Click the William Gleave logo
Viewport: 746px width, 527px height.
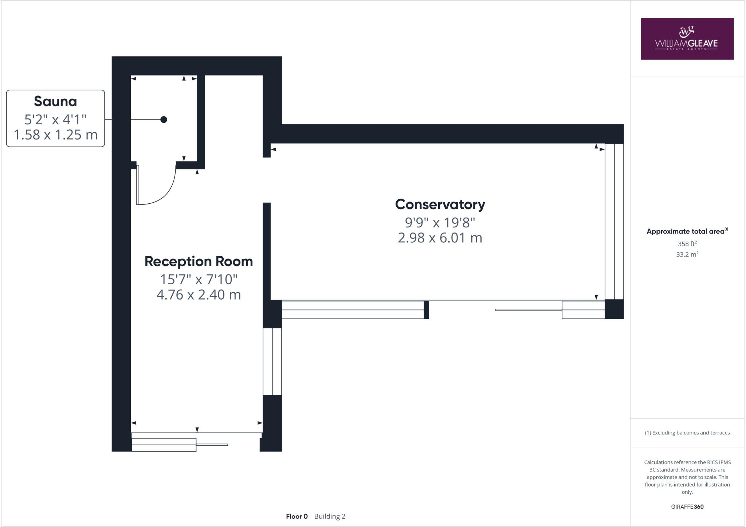[x=687, y=39]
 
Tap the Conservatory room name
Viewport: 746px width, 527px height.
[x=440, y=204]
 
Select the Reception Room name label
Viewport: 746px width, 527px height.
[x=199, y=261]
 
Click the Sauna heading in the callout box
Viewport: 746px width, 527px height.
[x=55, y=101]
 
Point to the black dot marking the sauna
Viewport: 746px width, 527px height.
[x=164, y=120]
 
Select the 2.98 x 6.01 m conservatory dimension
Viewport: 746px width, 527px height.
[x=440, y=238]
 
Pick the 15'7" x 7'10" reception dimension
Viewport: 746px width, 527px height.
[x=199, y=280]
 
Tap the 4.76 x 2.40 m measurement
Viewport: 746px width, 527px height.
[x=199, y=295]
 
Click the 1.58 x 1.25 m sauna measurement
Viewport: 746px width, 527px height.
[x=55, y=135]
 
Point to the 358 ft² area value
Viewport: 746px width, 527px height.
[x=687, y=244]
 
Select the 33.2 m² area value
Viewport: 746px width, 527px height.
[x=687, y=254]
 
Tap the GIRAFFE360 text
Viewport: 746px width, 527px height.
[x=687, y=507]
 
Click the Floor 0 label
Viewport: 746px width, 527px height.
[x=297, y=516]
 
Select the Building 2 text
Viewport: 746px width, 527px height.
[x=330, y=516]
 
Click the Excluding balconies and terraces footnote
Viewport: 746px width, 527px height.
[x=687, y=433]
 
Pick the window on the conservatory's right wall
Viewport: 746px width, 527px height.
[x=614, y=222]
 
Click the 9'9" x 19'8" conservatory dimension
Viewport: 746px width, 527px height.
[x=440, y=222]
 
